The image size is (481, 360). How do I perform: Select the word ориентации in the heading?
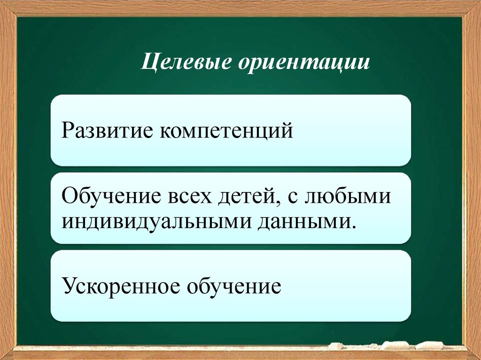tap(303, 63)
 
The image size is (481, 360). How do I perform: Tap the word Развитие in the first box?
tap(108, 130)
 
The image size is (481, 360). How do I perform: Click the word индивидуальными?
tap(157, 220)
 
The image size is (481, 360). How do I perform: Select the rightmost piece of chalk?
tap(429, 345)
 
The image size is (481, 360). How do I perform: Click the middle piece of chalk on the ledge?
tap(395, 345)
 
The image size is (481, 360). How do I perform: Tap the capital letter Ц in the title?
tap(148, 63)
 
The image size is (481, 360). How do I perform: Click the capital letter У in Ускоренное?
tap(67, 286)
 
